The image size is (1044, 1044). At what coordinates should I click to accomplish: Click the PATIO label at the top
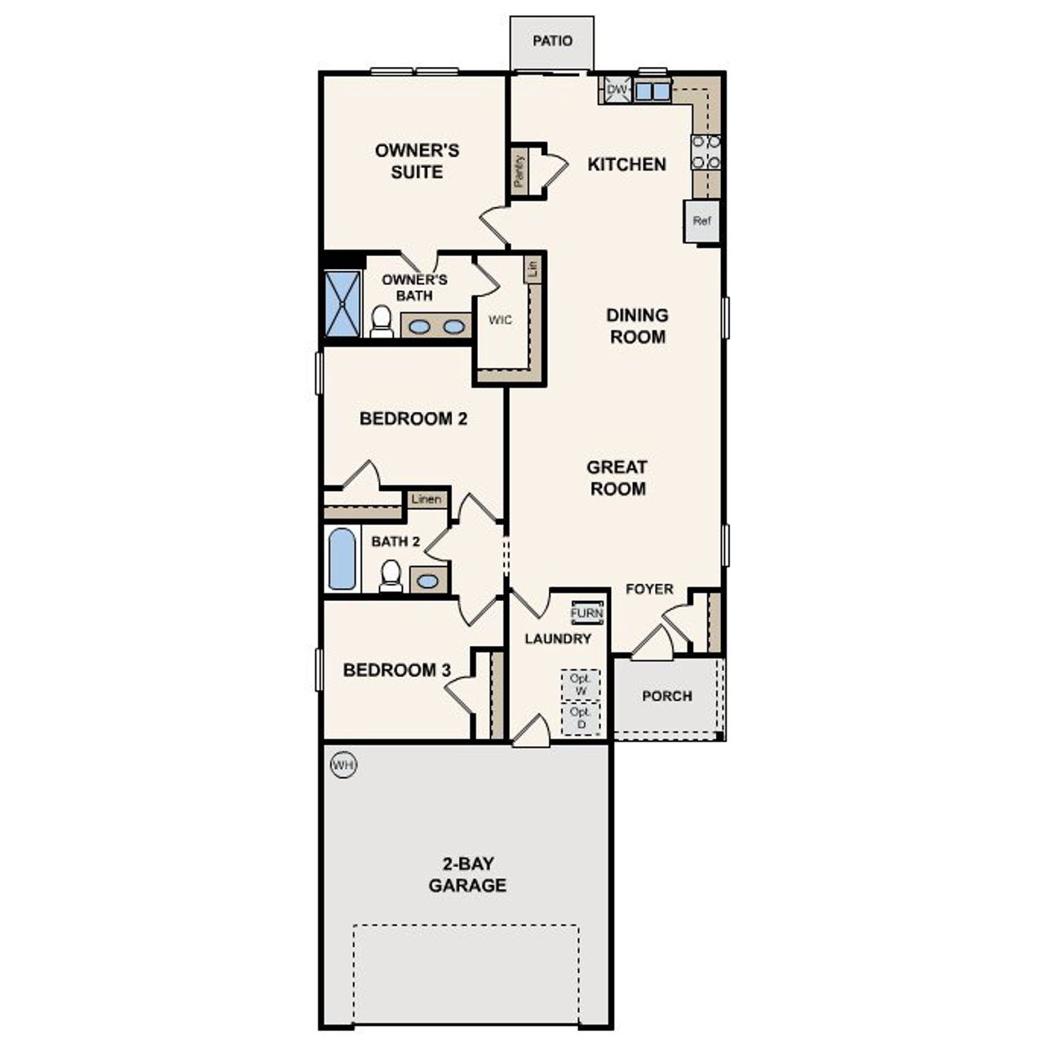pos(552,41)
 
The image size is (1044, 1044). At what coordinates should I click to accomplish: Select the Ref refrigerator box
pos(701,221)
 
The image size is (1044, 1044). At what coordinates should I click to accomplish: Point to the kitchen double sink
pos(652,91)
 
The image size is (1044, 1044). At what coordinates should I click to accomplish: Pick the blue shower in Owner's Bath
pos(343,304)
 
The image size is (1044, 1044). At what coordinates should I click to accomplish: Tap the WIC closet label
pos(500,321)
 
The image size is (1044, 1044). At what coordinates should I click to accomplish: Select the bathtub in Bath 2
pos(342,560)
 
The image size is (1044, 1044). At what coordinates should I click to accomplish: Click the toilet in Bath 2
pos(391,576)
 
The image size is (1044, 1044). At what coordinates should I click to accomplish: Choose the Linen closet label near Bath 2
pos(427,499)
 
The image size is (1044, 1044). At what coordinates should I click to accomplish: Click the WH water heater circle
pos(343,765)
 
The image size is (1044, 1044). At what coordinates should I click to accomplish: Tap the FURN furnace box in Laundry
pos(586,613)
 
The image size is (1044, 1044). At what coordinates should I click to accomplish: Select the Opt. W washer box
pos(581,685)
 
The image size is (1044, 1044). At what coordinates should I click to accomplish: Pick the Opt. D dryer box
pos(581,719)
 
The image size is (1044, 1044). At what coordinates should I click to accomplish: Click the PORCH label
pos(666,696)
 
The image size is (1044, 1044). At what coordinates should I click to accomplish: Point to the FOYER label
pos(649,589)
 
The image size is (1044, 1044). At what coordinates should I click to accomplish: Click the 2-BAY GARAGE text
pos(467,874)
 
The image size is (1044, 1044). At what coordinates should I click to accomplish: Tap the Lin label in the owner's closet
pos(533,268)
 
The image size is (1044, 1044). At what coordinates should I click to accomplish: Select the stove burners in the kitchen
pos(706,152)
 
